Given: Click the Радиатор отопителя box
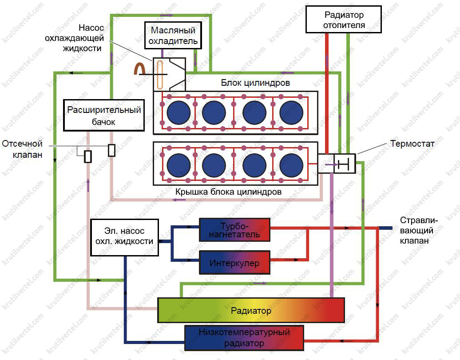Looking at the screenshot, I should point(344,19).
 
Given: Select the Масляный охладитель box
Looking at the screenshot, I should point(173,36).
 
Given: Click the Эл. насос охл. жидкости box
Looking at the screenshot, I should point(125,237).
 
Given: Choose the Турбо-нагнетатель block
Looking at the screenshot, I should point(234,229).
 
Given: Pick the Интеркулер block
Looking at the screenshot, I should point(234,263).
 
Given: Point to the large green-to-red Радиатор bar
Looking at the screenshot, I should point(251,310).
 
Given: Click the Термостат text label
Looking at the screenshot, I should point(412,144).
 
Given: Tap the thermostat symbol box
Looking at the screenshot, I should point(344,164).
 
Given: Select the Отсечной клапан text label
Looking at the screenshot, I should point(22,149).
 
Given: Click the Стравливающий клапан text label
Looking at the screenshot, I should point(419,231).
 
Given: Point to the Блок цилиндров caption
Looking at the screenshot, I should point(255,83).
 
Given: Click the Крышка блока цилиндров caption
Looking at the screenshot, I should point(228,192).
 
